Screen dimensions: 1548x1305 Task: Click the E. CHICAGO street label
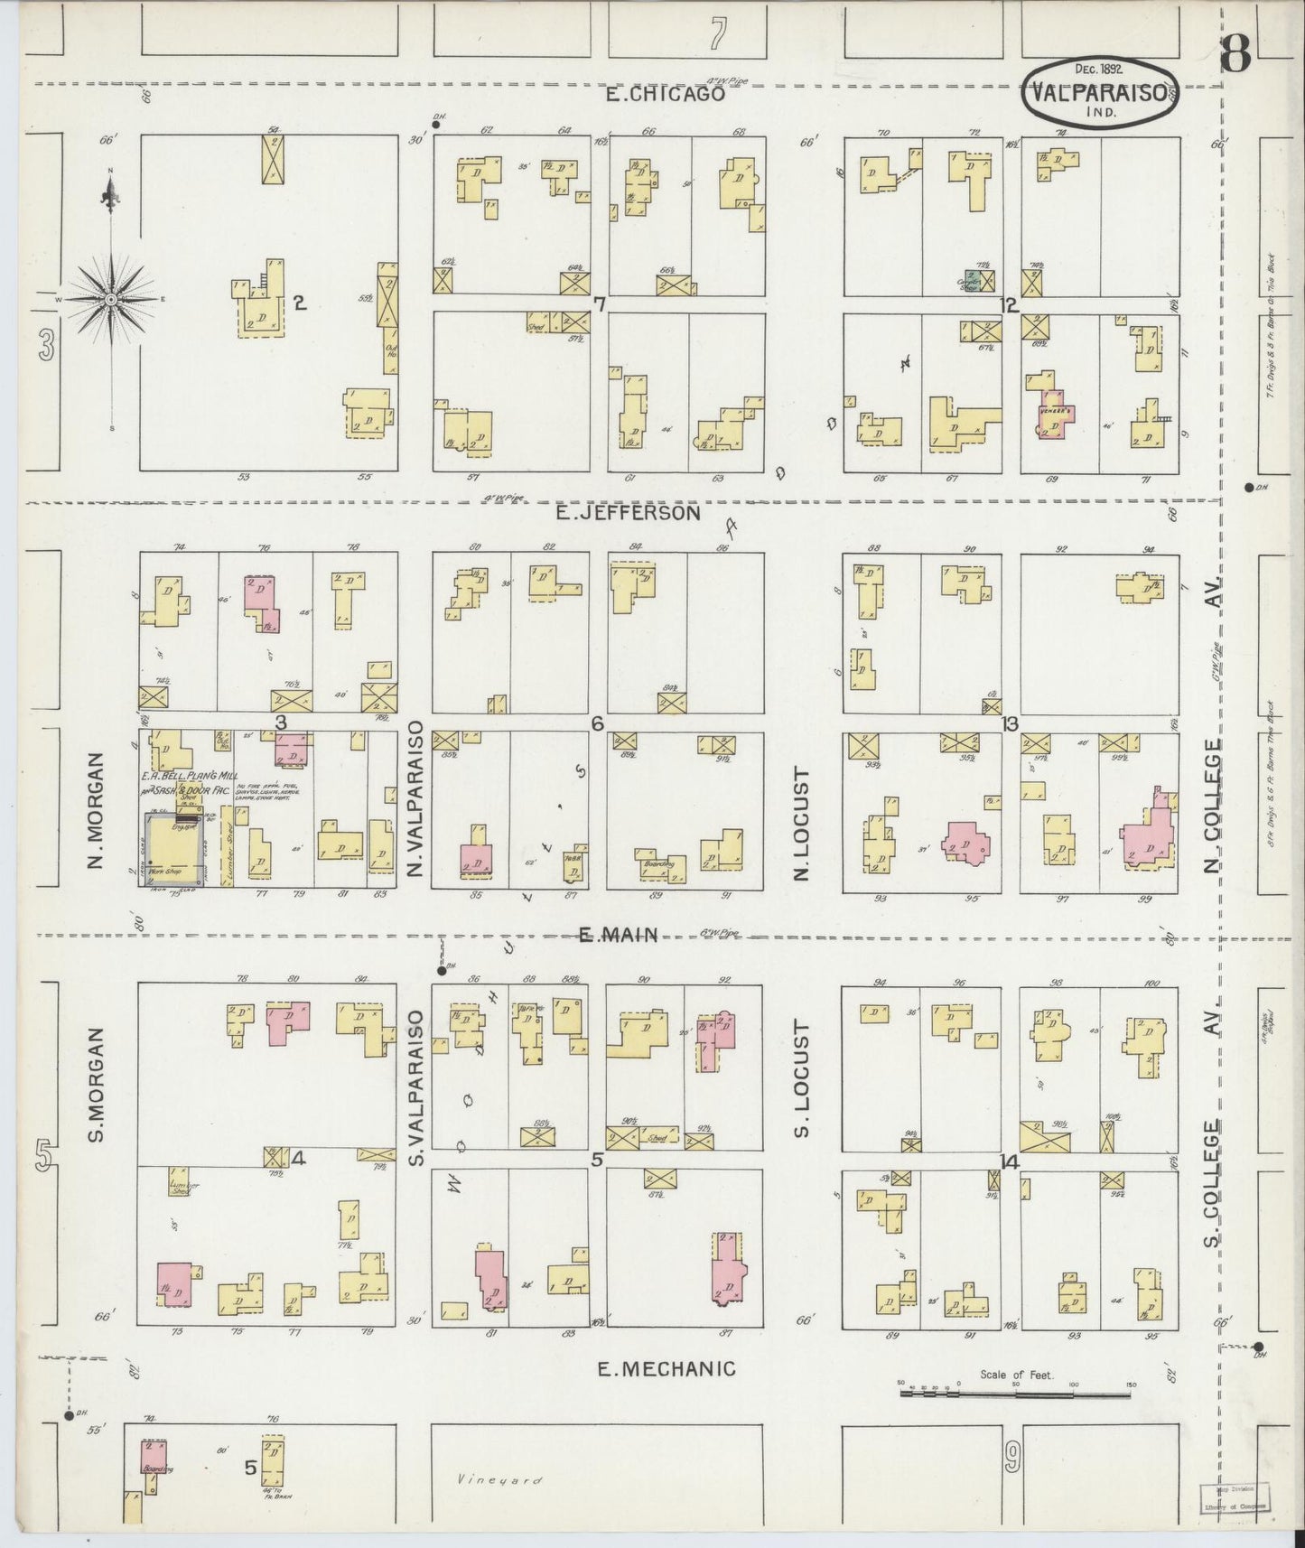[666, 93]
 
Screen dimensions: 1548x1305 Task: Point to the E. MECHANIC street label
[666, 1369]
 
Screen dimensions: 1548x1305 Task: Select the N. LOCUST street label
[800, 824]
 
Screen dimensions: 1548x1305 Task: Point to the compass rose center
[110, 299]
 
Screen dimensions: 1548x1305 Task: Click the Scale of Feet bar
[1015, 1394]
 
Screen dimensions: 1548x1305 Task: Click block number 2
[300, 303]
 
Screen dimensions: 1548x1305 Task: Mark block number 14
[1010, 1161]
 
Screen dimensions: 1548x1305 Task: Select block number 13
[1010, 723]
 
